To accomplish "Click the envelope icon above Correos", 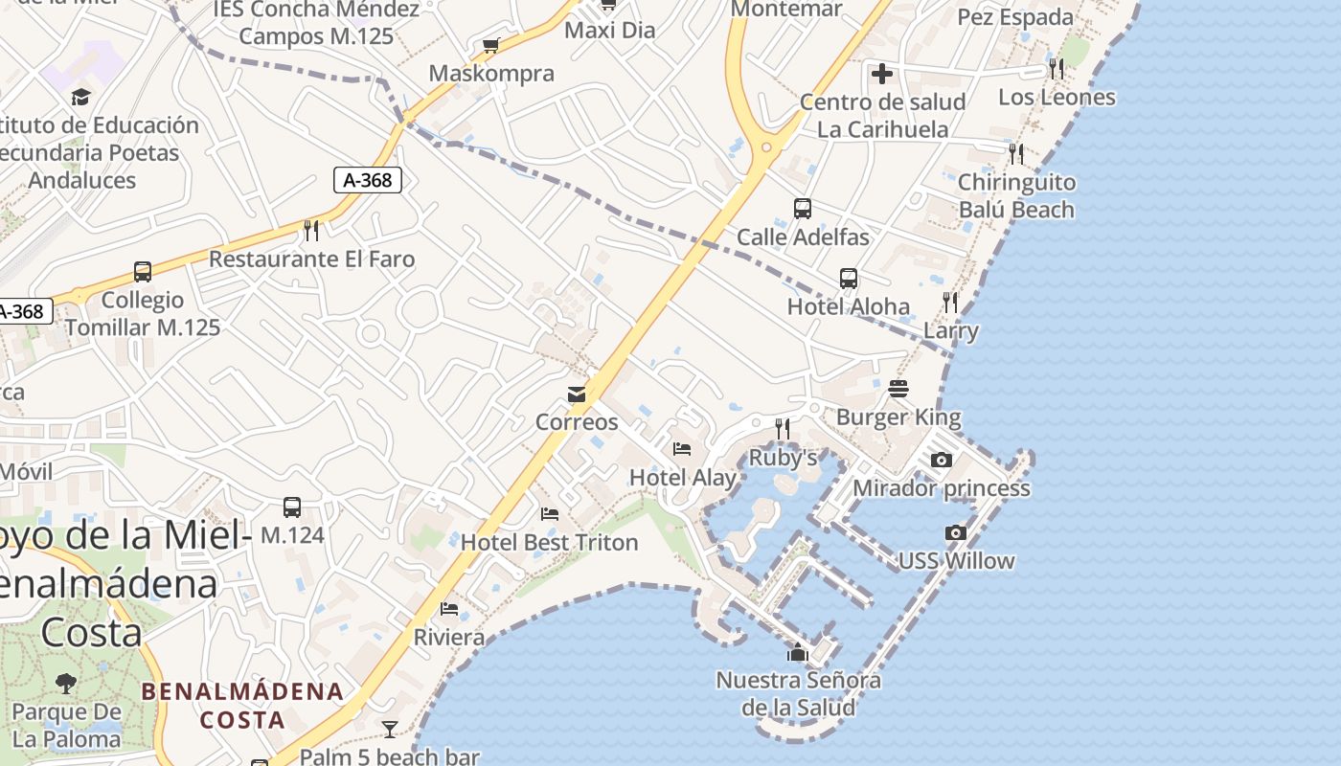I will click(576, 394).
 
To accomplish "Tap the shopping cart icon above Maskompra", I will click(491, 45).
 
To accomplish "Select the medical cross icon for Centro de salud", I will click(882, 73).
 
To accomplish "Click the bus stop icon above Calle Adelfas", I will click(803, 209).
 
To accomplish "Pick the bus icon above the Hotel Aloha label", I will click(849, 279).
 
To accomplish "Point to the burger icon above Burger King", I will click(898, 389).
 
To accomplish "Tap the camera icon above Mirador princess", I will click(942, 461).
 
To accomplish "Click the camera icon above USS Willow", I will click(955, 533).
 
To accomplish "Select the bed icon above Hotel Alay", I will click(682, 448).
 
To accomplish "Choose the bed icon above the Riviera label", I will click(449, 609).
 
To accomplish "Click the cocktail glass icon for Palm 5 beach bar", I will click(389, 730).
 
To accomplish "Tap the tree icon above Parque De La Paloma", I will click(66, 684).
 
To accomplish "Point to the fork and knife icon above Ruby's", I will click(783, 428).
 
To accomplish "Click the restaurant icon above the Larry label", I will click(950, 303).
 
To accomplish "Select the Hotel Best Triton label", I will click(549, 543).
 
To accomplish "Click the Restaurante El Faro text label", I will click(312, 259).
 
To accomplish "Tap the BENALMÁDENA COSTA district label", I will click(242, 706).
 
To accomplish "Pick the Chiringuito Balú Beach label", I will click(1016, 196).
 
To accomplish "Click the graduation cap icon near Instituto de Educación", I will click(80, 97).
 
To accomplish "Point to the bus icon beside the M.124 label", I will click(292, 507).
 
